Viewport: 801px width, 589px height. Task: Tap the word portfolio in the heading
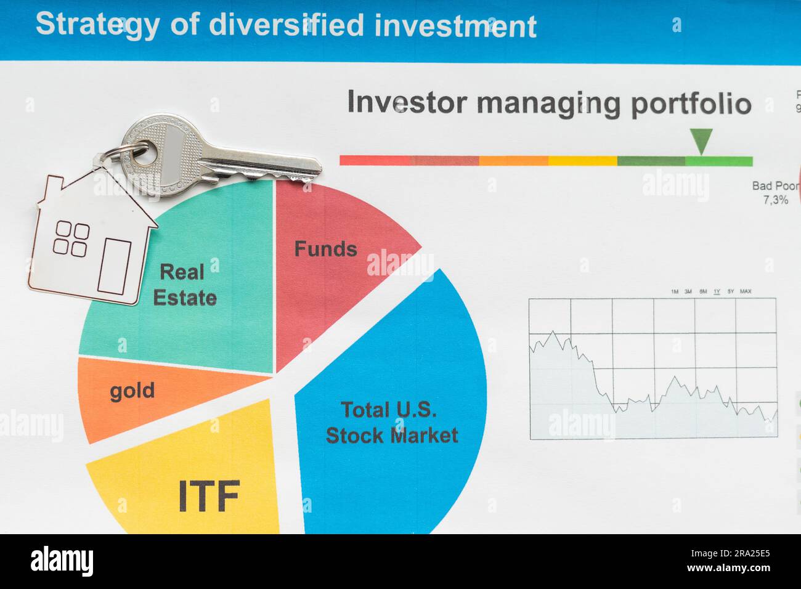point(691,104)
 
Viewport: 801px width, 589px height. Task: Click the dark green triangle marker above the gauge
point(701,140)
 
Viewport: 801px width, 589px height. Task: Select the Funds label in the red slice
point(325,249)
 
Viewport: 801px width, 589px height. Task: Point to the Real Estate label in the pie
point(184,285)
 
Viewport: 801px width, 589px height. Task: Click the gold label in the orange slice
point(132,391)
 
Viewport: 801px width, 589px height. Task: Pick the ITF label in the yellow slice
point(208,497)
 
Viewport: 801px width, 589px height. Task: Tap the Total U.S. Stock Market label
point(391,423)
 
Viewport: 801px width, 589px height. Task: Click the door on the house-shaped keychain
point(114,266)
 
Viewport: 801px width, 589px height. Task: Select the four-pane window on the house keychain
point(71,239)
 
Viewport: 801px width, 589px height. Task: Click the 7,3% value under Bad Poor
point(775,200)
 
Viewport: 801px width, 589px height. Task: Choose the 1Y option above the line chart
point(717,291)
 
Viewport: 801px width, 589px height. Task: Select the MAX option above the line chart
point(745,291)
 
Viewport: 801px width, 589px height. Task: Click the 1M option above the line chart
point(674,291)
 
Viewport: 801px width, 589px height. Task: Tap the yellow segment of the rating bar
point(582,161)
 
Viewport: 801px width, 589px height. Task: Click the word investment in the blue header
point(455,26)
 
